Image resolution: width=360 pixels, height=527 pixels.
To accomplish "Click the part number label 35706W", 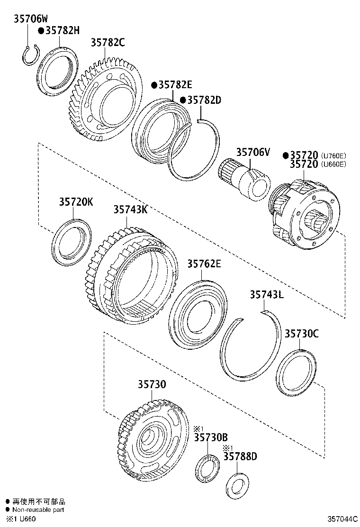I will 30,19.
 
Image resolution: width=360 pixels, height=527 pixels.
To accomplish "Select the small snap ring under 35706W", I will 31,55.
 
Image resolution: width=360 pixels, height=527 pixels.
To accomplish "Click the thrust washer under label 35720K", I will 72,241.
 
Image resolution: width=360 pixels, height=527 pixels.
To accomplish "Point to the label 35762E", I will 204,264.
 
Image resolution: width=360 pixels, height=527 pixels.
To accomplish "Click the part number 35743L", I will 267,295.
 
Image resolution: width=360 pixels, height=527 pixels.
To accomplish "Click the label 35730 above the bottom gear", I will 152,384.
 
